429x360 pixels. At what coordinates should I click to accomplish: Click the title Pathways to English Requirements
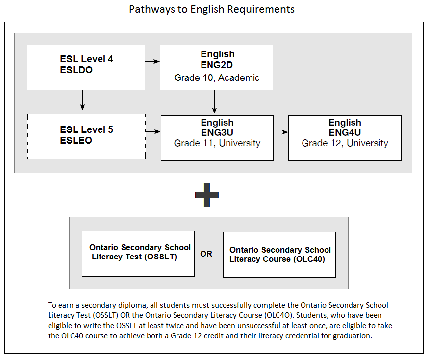[212, 9]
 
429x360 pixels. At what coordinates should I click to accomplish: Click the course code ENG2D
[217, 65]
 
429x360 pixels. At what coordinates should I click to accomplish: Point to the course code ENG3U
[217, 132]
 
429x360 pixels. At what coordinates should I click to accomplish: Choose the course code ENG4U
[345, 132]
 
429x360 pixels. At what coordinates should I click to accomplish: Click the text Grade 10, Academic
[217, 78]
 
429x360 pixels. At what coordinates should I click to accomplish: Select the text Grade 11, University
[217, 143]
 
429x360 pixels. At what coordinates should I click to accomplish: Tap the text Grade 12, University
[345, 143]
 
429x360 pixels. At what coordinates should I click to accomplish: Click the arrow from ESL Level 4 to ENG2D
[152, 62]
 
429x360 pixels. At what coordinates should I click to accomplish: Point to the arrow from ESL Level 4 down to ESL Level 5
[83, 100]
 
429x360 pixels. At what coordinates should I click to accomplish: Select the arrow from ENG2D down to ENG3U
[215, 102]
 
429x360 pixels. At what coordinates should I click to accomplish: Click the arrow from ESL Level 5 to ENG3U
[153, 131]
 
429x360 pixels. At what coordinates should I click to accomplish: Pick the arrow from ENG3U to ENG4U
[281, 132]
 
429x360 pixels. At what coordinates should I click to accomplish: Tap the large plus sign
[207, 195]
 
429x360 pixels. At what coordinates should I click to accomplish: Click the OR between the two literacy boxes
[206, 254]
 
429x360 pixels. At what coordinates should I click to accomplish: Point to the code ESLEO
[76, 140]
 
